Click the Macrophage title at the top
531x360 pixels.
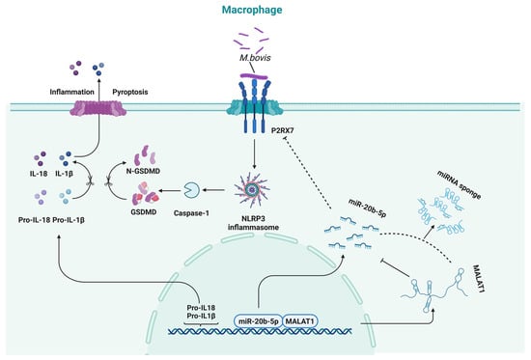click(x=252, y=10)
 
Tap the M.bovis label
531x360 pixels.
click(x=255, y=58)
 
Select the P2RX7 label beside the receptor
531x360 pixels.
click(x=283, y=130)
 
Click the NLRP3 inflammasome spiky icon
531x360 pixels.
click(x=252, y=190)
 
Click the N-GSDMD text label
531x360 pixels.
click(x=143, y=171)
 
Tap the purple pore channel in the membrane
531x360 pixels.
click(x=98, y=108)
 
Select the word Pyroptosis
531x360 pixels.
click(x=130, y=92)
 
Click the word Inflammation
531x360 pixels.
click(x=71, y=92)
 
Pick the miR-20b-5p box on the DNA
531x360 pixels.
click(x=258, y=321)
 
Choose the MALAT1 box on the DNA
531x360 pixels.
click(x=300, y=321)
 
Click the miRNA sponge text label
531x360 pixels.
click(x=459, y=185)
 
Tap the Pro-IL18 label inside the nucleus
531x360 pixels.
click(x=201, y=308)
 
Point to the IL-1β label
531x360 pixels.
click(x=65, y=174)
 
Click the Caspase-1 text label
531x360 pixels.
click(x=191, y=213)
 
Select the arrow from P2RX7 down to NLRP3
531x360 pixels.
click(x=254, y=152)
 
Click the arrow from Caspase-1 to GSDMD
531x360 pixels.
click(x=170, y=191)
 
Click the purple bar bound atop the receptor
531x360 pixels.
click(x=254, y=77)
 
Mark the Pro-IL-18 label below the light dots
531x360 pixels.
click(x=34, y=220)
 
